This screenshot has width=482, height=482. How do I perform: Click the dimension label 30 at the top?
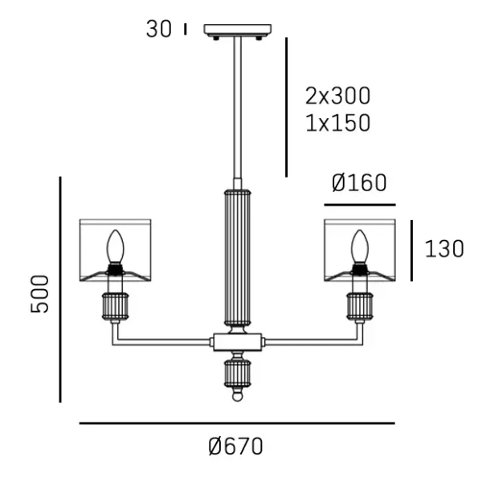[158, 30]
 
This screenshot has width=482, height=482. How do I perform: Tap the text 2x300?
[338, 96]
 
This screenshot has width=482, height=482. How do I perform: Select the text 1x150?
[338, 123]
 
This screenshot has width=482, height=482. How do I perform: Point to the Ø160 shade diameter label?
[359, 183]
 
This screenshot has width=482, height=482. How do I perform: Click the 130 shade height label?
[444, 249]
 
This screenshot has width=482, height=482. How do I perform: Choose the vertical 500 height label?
[40, 294]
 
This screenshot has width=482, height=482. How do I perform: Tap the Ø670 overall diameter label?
[235, 446]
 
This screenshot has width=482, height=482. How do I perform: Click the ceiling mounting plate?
[238, 31]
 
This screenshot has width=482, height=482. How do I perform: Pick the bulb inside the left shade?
[115, 247]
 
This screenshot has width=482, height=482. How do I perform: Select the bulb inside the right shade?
[360, 247]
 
